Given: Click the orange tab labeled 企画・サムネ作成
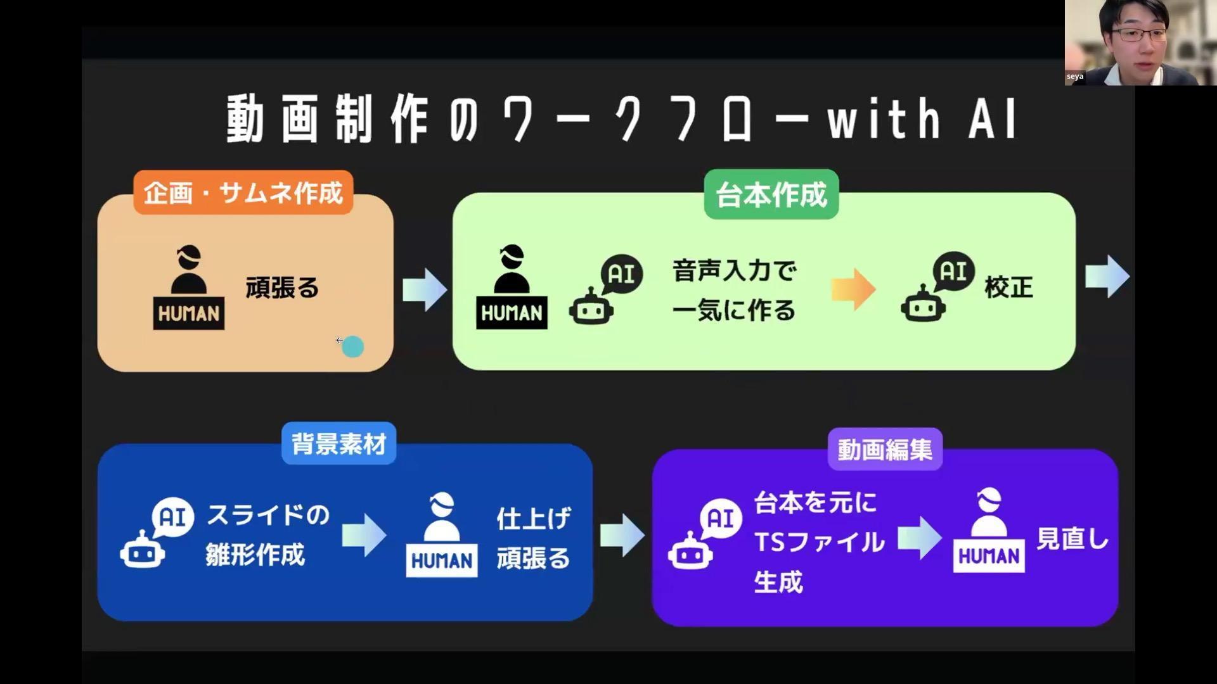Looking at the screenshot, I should (x=243, y=193).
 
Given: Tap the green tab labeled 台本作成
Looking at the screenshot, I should (x=771, y=194).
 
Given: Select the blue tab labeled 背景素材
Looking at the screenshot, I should (x=338, y=443).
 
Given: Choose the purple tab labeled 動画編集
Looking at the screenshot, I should (x=885, y=450).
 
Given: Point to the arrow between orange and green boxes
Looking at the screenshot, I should (x=424, y=289).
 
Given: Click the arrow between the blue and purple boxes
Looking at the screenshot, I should (x=622, y=535).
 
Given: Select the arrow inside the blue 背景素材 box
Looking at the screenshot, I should (x=364, y=535).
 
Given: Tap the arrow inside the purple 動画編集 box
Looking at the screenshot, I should (x=920, y=538).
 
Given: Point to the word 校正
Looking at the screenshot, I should (x=1008, y=288).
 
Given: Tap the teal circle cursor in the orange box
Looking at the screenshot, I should (x=352, y=346).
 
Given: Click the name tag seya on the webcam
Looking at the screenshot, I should (x=1075, y=77).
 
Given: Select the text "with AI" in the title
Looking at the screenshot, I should (x=922, y=118).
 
